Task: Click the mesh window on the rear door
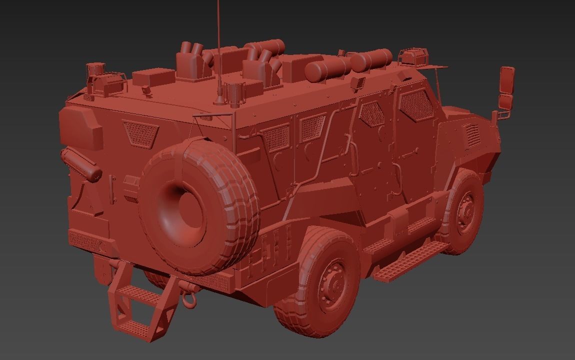click(x=140, y=132)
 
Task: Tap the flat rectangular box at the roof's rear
click(x=153, y=76)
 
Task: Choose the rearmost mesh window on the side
click(x=275, y=137)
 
